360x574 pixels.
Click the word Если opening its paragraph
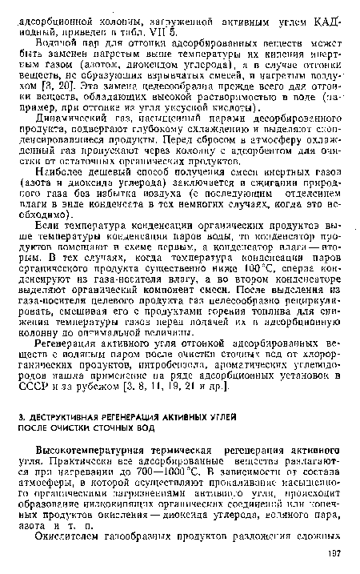[46, 243]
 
